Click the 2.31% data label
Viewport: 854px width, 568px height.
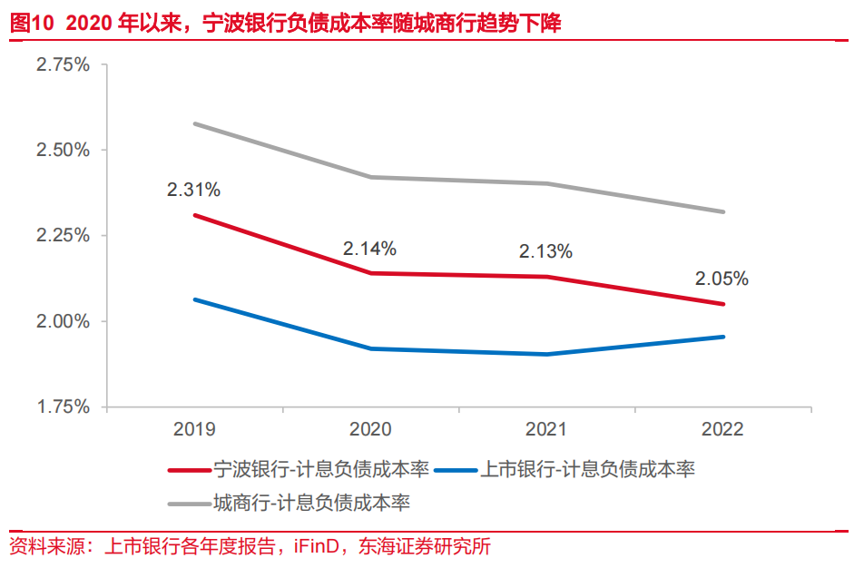tap(193, 191)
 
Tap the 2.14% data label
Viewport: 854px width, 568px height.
tap(369, 249)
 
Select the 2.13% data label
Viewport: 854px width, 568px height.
tap(545, 252)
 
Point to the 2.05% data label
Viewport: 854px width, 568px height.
tap(722, 279)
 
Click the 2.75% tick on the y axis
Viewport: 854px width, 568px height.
tap(63, 64)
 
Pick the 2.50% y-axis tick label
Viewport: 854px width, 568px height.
tap(63, 150)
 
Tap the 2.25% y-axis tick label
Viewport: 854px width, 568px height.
tap(63, 236)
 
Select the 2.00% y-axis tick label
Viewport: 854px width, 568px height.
tap(63, 321)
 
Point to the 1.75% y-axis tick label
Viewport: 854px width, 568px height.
tap(63, 406)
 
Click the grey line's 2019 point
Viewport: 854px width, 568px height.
tap(194, 123)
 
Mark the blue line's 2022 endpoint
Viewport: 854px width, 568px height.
tap(723, 337)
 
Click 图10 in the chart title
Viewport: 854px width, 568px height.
tap(32, 24)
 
